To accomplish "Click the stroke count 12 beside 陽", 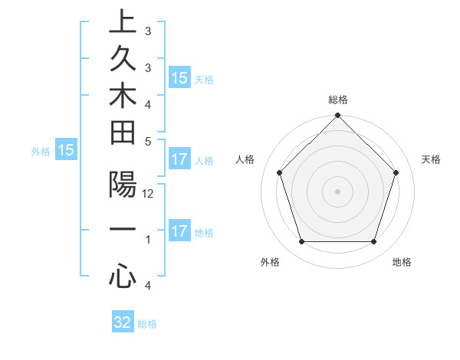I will pyautogui.click(x=148, y=195).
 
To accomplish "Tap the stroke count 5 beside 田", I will pyautogui.click(x=148, y=141).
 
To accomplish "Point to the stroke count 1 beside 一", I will pyautogui.click(x=148, y=240).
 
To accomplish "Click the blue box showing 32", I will pyautogui.click(x=123, y=322).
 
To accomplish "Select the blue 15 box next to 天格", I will pyautogui.click(x=179, y=78).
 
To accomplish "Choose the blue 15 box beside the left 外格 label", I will pyautogui.click(x=66, y=151).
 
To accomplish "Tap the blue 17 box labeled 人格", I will pyautogui.click(x=179, y=160).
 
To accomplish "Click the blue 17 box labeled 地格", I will pyautogui.click(x=179, y=231).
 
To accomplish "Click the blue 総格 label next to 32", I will pyautogui.click(x=147, y=324).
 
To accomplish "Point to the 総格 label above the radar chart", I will pyautogui.click(x=337, y=100).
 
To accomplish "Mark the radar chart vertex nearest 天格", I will pyautogui.click(x=396, y=172).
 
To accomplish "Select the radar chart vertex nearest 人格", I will pyautogui.click(x=279, y=172).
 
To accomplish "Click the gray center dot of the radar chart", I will pyautogui.click(x=337, y=191).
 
